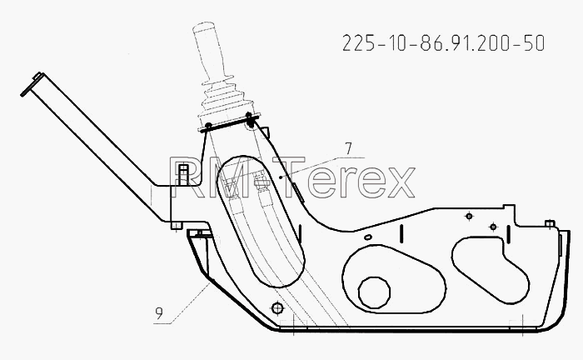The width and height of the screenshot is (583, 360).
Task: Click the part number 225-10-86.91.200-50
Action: (x=444, y=42)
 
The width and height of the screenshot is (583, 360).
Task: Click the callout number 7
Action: (x=348, y=149)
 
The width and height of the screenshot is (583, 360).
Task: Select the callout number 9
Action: (x=159, y=313)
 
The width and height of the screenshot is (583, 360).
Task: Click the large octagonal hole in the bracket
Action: (x=374, y=292)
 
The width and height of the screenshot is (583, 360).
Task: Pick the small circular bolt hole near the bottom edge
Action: (x=277, y=308)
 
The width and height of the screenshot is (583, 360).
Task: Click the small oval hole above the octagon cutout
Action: (x=368, y=237)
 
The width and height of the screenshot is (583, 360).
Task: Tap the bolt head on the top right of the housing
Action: (x=550, y=223)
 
